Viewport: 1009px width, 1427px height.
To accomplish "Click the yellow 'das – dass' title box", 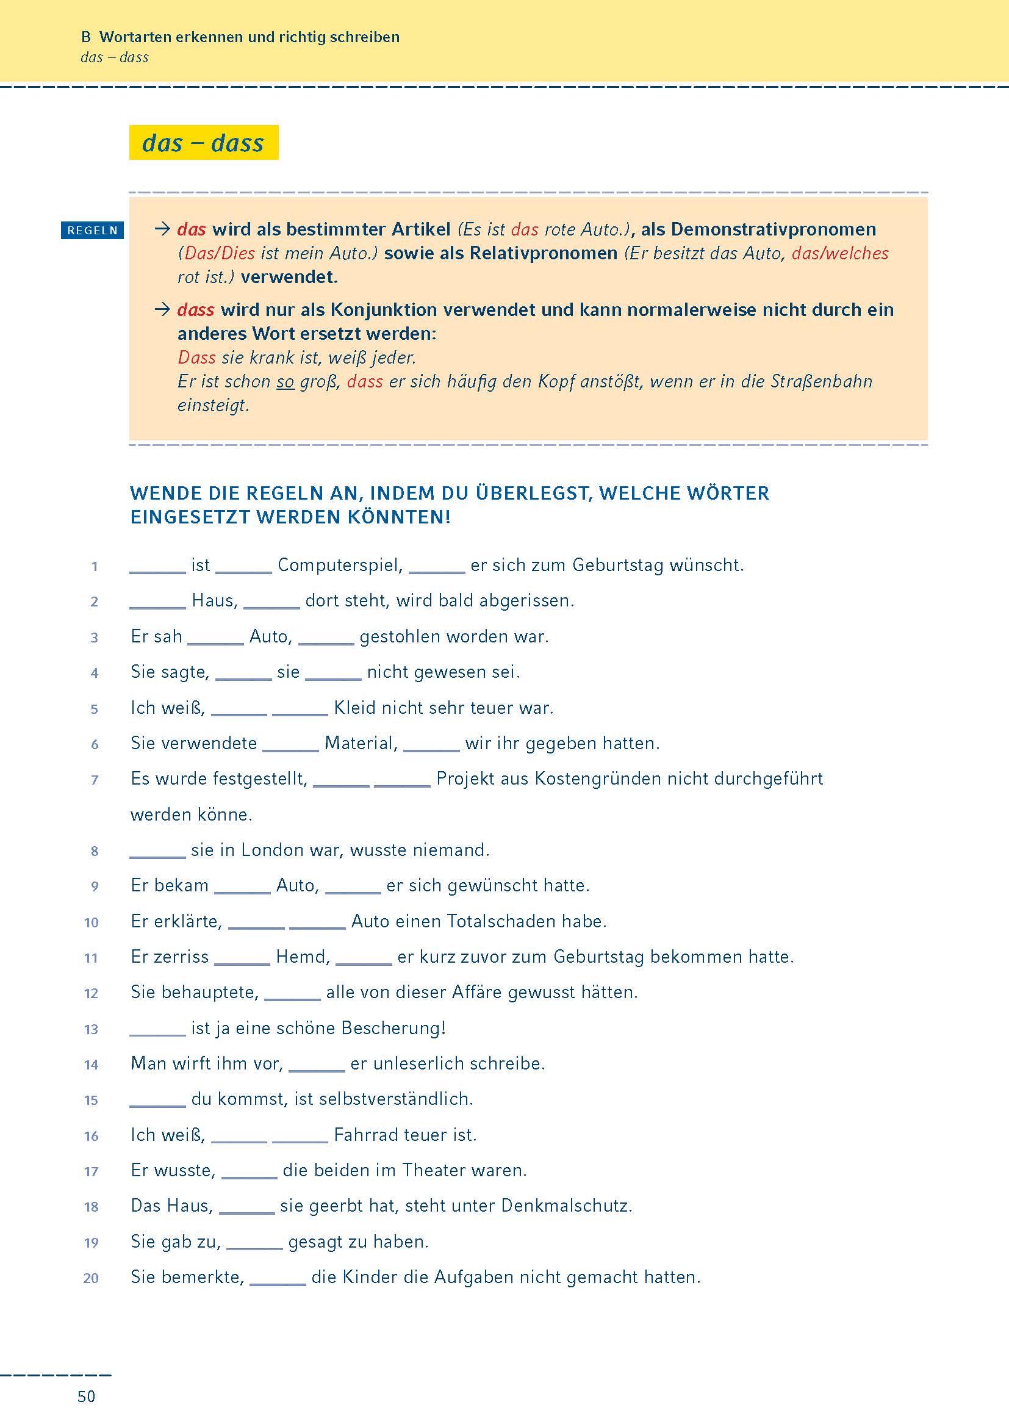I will click(x=203, y=143).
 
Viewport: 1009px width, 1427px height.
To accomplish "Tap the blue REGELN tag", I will click(x=93, y=231).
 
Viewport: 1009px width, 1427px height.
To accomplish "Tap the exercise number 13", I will click(x=92, y=1029).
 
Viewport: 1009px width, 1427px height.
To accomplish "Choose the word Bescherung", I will click(x=393, y=1028).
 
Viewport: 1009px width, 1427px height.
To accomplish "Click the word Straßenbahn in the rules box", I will click(x=821, y=381).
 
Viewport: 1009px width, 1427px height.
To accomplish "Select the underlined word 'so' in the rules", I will click(x=285, y=381).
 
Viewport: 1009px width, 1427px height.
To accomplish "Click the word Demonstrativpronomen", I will click(x=774, y=229).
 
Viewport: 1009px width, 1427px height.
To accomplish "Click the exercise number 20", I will click(x=92, y=1278).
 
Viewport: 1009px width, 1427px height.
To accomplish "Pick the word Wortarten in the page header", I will click(x=134, y=37).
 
